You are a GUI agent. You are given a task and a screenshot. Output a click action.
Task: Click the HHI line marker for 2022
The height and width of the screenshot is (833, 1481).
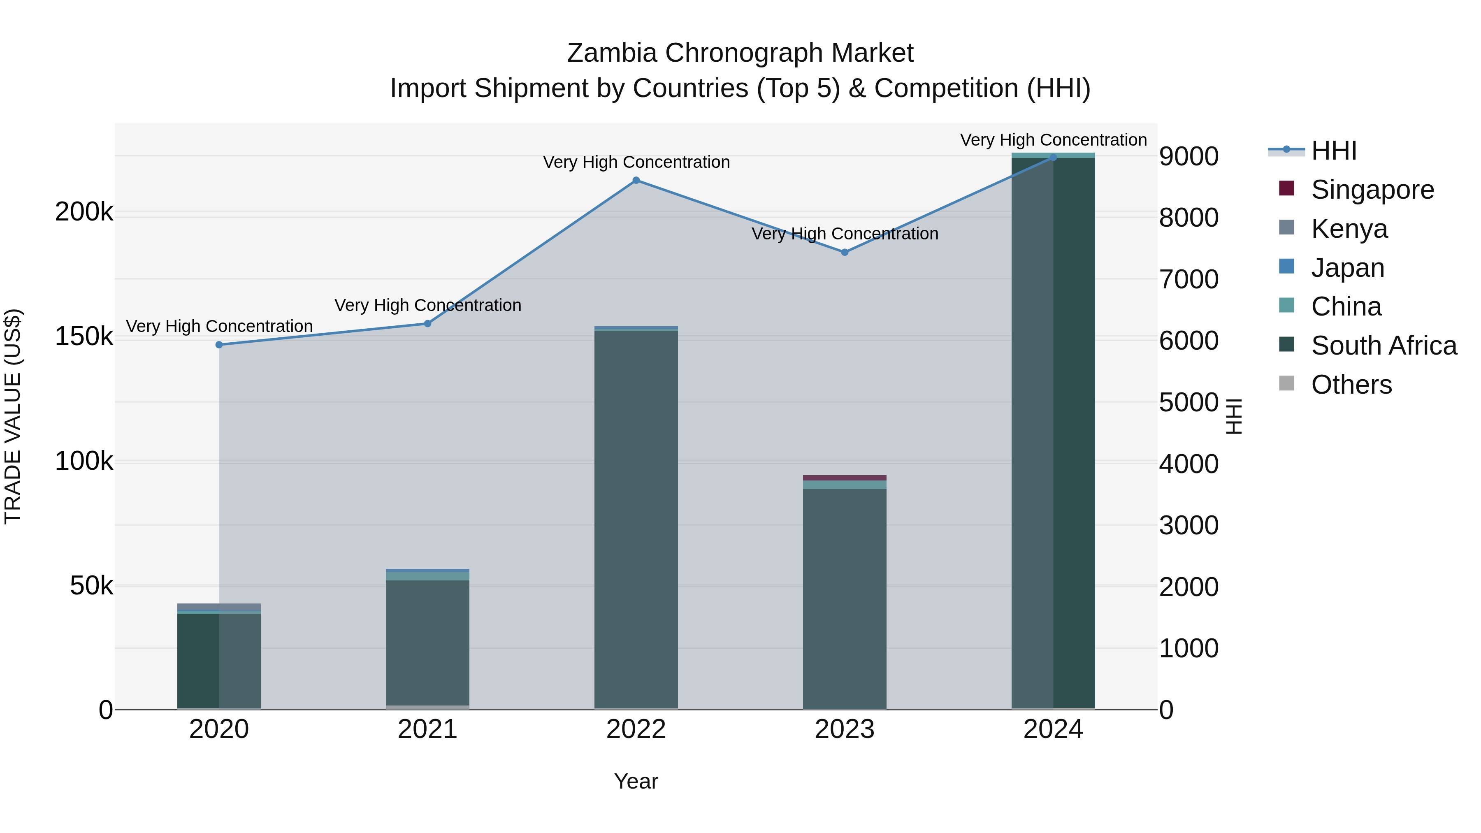[x=636, y=181]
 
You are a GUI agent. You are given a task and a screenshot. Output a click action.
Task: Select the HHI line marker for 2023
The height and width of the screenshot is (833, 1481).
[x=845, y=253]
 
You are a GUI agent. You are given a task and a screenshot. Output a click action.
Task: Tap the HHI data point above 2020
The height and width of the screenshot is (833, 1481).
[x=219, y=345]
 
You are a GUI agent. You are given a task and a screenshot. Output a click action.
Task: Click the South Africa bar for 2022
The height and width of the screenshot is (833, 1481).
[x=636, y=517]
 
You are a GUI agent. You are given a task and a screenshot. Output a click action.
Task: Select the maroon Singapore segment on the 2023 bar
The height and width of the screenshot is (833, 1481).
[x=845, y=478]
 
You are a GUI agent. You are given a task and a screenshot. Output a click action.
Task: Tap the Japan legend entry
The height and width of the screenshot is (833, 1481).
[x=1347, y=268]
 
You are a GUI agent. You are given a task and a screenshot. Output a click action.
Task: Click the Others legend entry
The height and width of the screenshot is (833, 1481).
[x=1351, y=385]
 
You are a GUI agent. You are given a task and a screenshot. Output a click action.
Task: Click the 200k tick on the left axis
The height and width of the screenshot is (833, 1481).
[x=84, y=212]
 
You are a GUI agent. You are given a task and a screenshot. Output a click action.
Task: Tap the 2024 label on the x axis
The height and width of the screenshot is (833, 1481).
[x=1053, y=729]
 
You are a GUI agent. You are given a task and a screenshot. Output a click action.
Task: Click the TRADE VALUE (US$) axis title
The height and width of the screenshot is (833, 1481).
[x=13, y=416]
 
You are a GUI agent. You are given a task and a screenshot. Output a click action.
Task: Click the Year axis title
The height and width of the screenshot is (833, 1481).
[x=636, y=781]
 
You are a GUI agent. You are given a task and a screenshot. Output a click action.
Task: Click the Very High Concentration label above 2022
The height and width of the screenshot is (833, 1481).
[x=636, y=162]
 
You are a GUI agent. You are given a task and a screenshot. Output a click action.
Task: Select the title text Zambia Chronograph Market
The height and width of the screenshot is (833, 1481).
[x=740, y=53]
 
